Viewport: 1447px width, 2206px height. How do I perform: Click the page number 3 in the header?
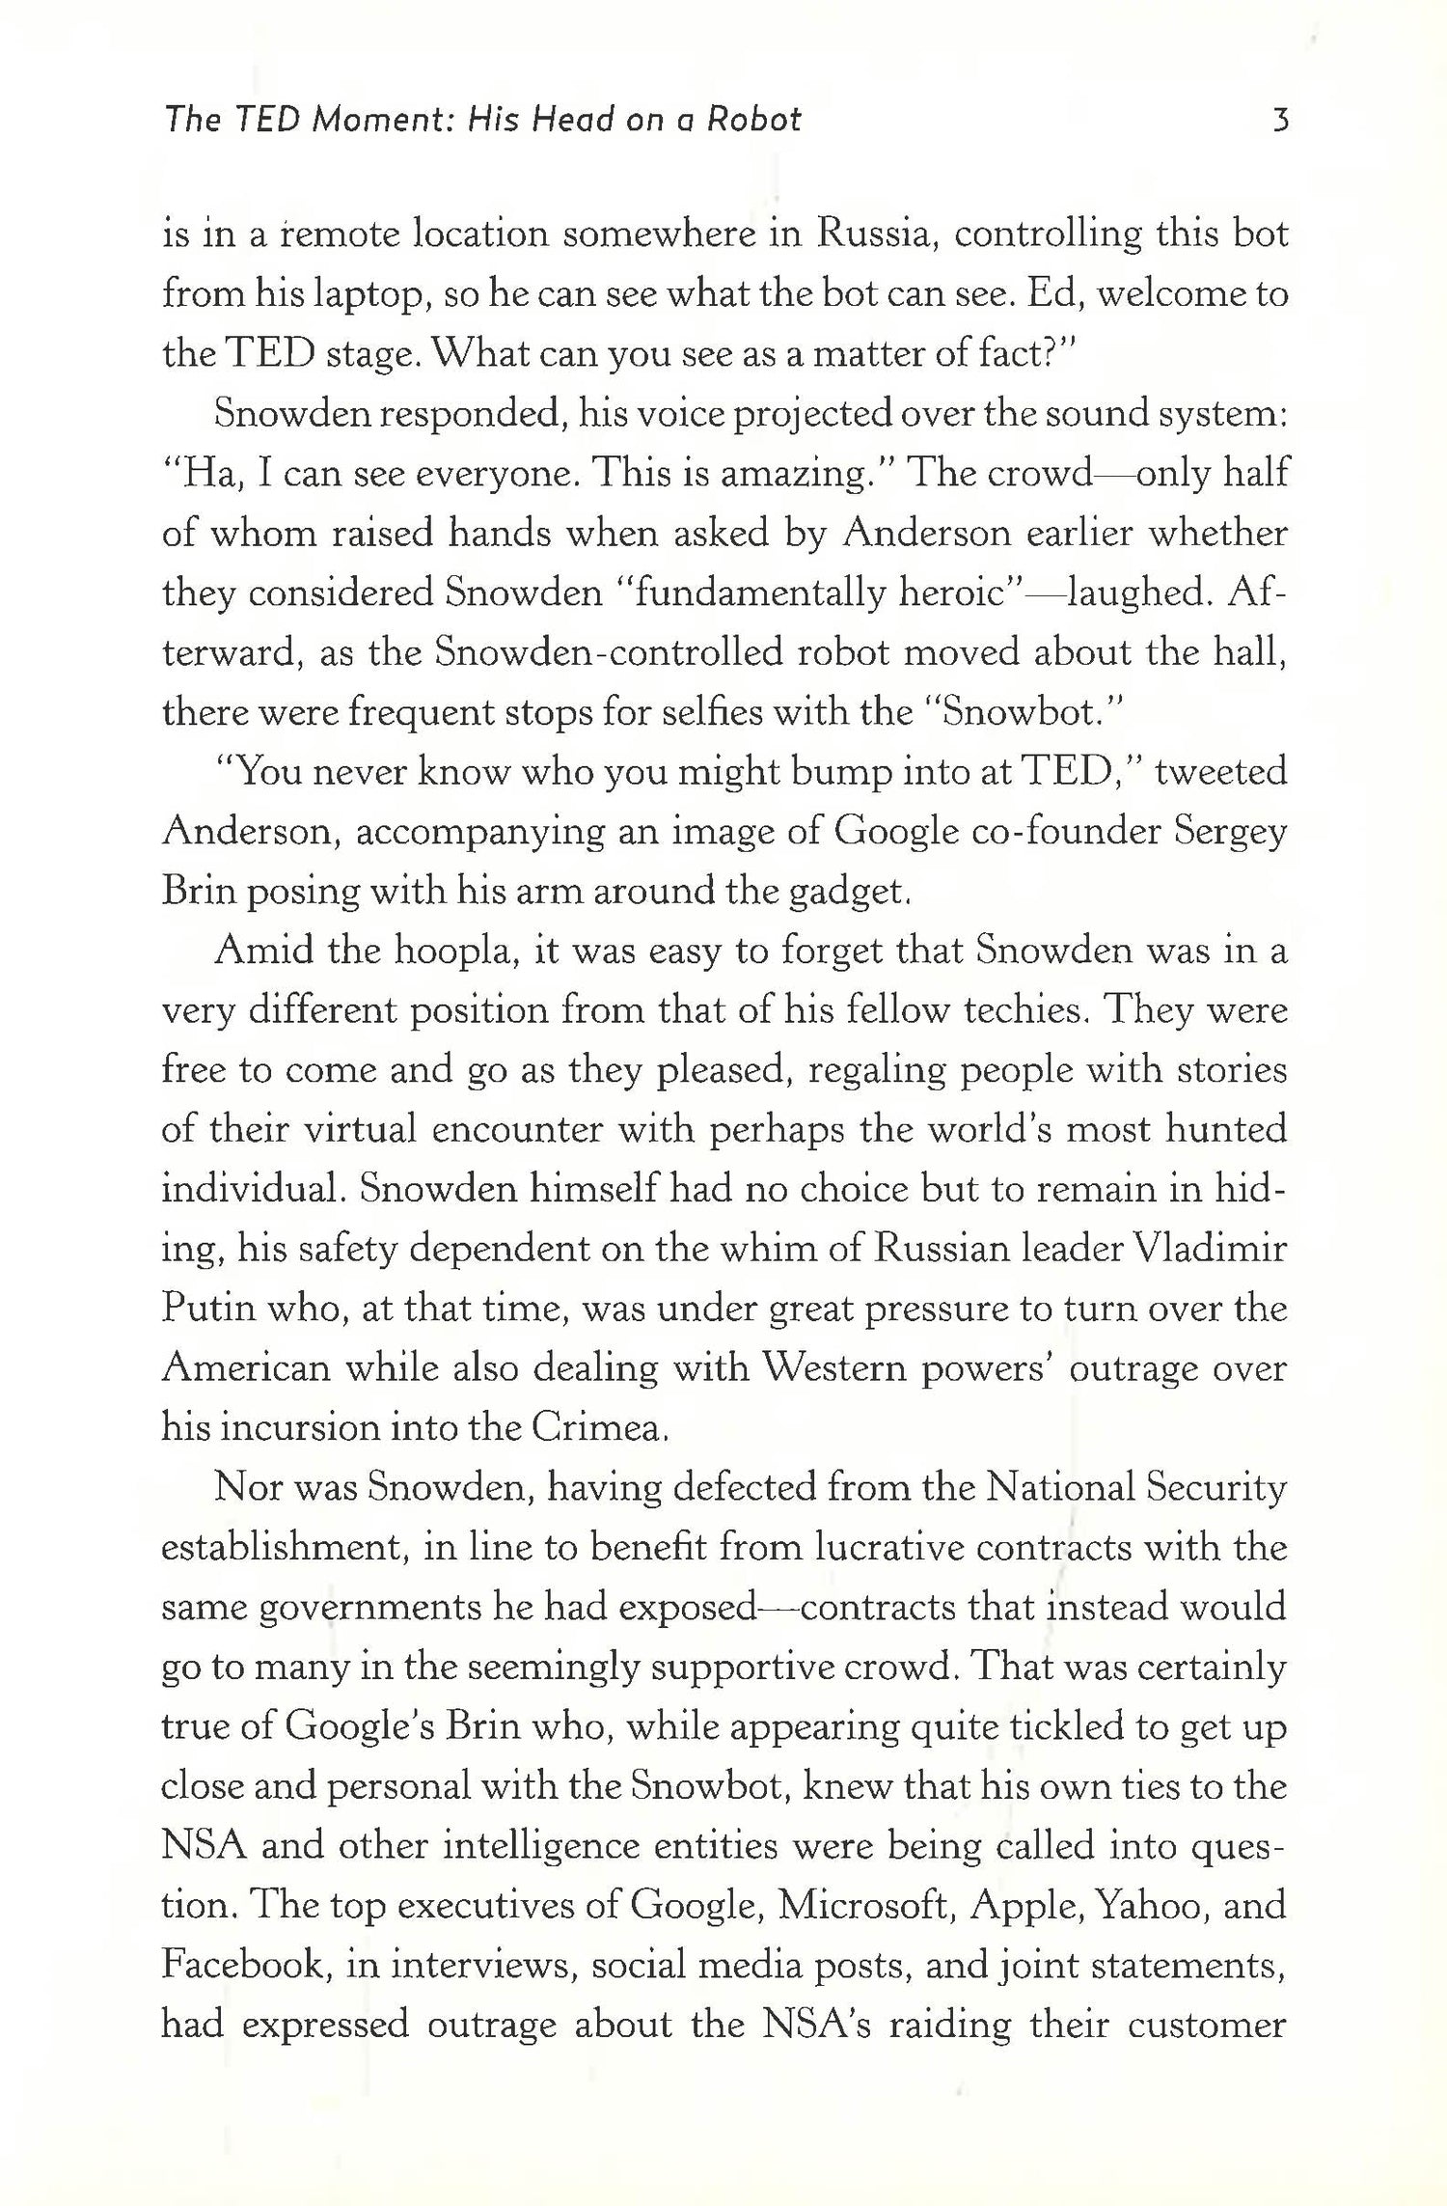coord(1280,120)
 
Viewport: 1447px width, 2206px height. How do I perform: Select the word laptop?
coord(364,295)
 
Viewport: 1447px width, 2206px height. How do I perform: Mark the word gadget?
coord(849,892)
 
